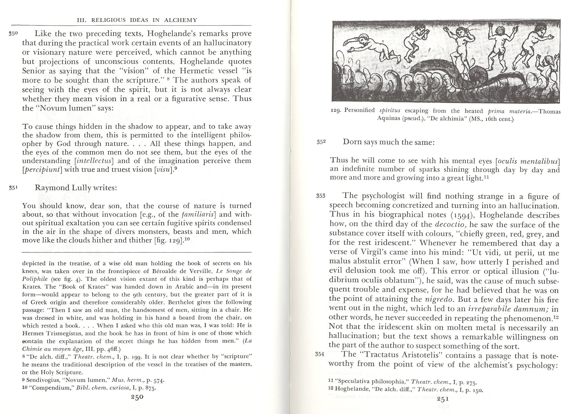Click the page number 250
point(137,397)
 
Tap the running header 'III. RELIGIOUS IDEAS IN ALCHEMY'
point(137,20)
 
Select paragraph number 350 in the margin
point(13,34)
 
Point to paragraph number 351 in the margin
point(13,188)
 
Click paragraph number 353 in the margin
point(321,196)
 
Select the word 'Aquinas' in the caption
point(387,119)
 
